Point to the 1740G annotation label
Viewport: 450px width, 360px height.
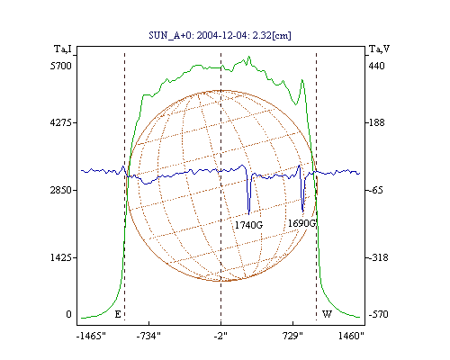tap(248, 225)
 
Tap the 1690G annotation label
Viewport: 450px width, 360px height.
tap(301, 223)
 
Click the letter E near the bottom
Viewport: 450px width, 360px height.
tap(118, 314)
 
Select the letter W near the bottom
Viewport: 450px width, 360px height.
tap(327, 314)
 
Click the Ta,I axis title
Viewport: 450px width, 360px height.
tap(63, 49)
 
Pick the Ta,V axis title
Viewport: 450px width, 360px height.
tap(379, 49)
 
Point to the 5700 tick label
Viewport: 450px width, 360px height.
tap(61, 66)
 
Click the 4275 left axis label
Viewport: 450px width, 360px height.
tap(61, 122)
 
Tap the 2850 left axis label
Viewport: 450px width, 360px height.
tap(61, 190)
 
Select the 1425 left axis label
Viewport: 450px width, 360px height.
tap(61, 257)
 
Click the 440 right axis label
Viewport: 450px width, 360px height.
tap(376, 66)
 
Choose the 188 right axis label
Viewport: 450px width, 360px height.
tap(376, 122)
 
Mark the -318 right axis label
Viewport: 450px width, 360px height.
tap(379, 257)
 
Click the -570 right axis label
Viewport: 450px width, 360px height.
tap(379, 314)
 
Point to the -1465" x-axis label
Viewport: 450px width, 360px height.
tap(91, 336)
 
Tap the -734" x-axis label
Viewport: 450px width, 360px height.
tap(148, 336)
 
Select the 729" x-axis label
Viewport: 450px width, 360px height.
tap(293, 336)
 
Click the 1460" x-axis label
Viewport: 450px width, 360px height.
tap(351, 336)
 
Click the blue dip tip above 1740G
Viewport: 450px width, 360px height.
tap(249, 214)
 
